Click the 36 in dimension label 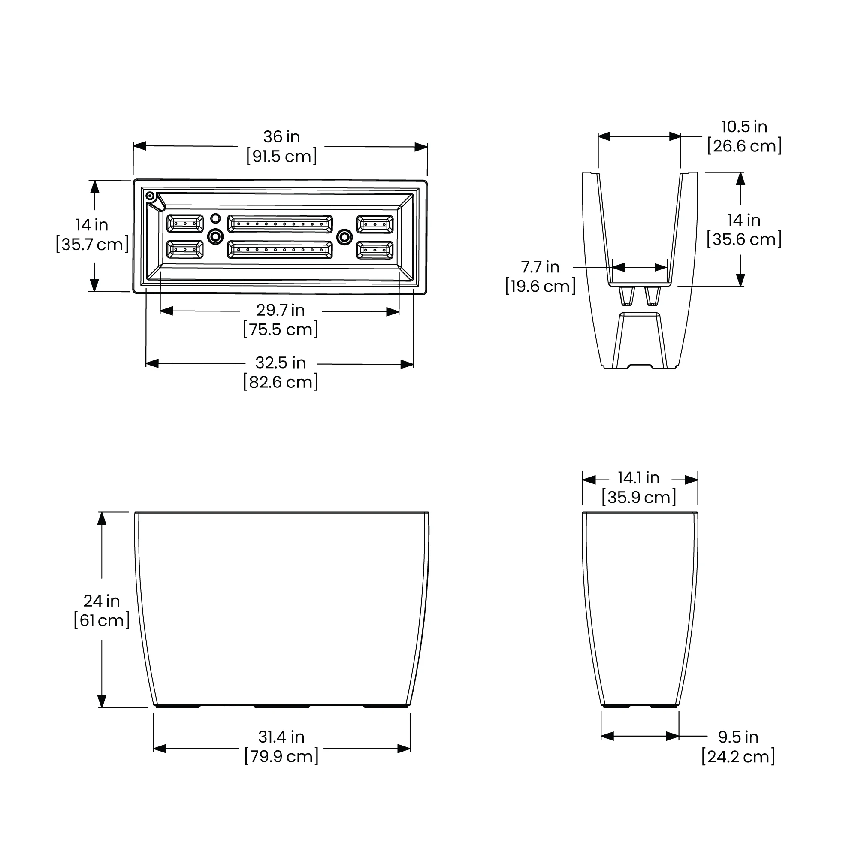pos(281,137)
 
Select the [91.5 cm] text pos(281,156)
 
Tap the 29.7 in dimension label pos(280,310)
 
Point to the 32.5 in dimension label pos(280,363)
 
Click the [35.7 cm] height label pos(92,244)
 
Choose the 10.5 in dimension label pos(744,127)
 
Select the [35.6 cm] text pos(744,239)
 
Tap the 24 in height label pos(101,601)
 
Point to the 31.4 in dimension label pos(281,737)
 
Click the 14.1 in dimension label pos(638,478)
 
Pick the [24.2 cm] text pos(738,756)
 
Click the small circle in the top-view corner pos(150,196)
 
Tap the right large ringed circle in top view pos(344,237)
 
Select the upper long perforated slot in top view pos(280,224)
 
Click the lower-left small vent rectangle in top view pos(185,250)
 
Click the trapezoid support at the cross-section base pos(639,340)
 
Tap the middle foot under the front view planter pos(281,706)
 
